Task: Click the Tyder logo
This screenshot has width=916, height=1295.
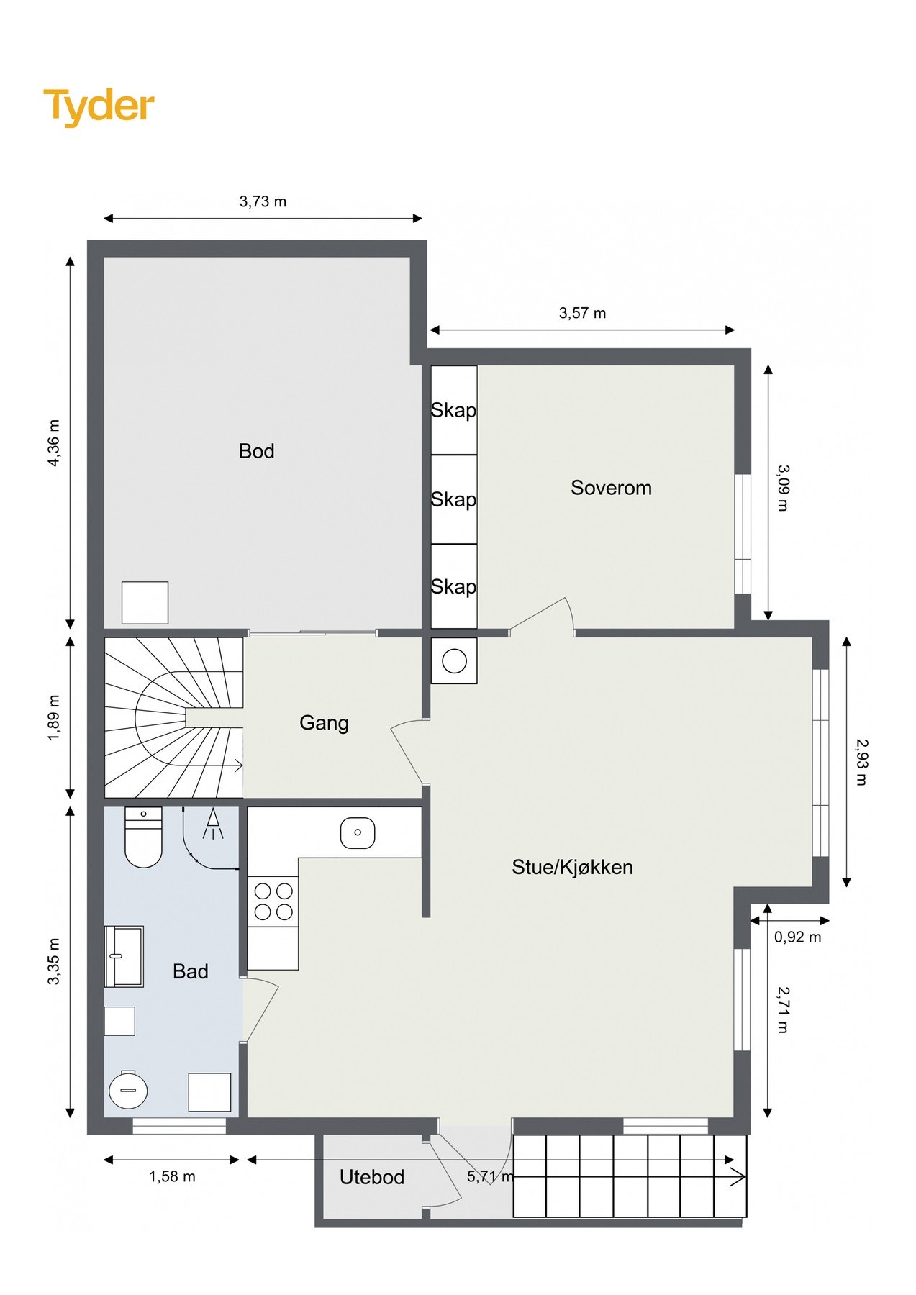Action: (99, 106)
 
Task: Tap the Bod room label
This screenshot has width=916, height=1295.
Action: (256, 451)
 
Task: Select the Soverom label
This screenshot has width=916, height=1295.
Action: (611, 488)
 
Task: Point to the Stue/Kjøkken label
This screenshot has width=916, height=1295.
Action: (572, 867)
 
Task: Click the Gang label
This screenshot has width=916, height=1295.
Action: (324, 723)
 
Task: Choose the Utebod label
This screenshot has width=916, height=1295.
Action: (372, 1177)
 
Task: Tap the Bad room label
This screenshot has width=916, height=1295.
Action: (191, 971)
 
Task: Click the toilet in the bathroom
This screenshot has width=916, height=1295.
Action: (143, 837)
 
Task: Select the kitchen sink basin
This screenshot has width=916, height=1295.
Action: (358, 832)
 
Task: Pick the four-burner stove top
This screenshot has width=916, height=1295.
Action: (273, 901)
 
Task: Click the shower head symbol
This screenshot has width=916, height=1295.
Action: (213, 824)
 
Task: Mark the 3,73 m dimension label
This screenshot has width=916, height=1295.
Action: (263, 201)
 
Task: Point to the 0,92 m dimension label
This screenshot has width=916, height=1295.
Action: (797, 937)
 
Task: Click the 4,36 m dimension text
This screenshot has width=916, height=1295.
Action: (54, 442)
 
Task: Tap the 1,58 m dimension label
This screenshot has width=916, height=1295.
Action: (172, 1176)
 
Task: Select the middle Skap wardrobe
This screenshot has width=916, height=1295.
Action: (454, 499)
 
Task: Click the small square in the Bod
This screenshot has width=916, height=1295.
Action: (145, 603)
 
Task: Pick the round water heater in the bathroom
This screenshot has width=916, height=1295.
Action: (128, 1090)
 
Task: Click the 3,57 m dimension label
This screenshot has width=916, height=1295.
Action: (582, 313)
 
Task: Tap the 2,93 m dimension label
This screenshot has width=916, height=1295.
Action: (862, 762)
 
